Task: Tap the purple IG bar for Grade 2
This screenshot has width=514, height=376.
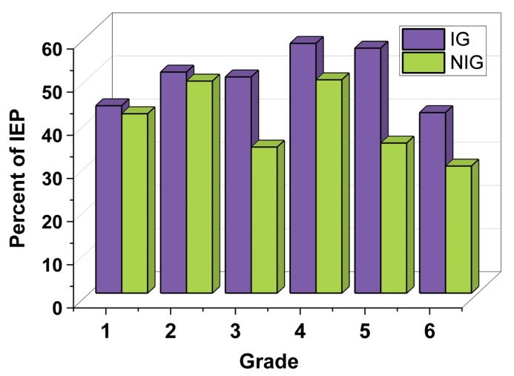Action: [x=173, y=182]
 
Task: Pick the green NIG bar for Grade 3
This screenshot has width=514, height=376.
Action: [x=264, y=220]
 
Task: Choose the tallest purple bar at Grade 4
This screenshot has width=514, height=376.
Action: [x=303, y=168]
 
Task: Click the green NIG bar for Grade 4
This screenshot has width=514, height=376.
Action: [x=329, y=185]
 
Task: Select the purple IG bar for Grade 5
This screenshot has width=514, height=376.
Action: [x=367, y=170]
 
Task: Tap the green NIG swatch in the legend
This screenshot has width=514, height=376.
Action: [x=423, y=63]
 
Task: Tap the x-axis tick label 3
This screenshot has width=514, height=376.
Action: [x=236, y=332]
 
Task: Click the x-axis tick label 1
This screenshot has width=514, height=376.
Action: [x=106, y=332]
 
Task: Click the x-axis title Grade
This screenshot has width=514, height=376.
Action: [x=268, y=362]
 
